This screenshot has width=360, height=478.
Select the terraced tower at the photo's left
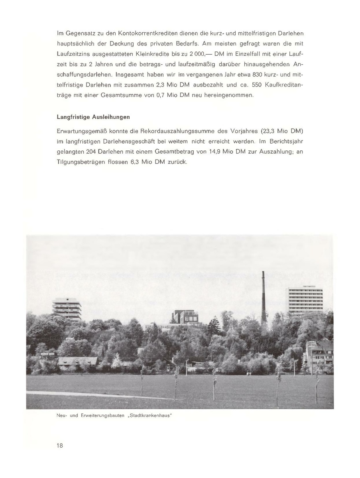(67, 310)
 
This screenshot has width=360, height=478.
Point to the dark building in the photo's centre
(185, 318)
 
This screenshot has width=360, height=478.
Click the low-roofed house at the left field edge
(77, 361)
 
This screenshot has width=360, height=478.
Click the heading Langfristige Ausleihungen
(93, 117)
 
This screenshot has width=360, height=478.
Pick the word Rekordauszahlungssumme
(185, 132)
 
